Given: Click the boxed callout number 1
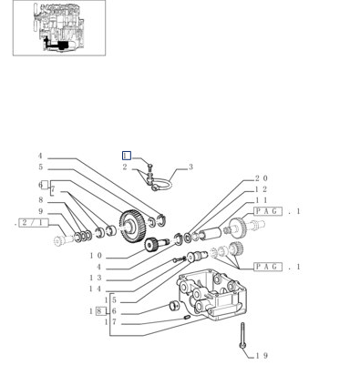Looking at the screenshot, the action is pos(127,156).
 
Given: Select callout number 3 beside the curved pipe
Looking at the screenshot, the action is pos(190,167).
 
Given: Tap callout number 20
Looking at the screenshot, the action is pos(262,178).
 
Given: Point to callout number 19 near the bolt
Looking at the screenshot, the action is pos(262,355).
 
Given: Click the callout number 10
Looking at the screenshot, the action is pos(96,256).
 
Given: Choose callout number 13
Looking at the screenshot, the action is pos(96,278).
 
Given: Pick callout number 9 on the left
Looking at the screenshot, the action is pos(40,211).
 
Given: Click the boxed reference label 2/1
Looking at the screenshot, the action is pos(34,223).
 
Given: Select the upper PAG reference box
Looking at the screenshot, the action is pos(268,211).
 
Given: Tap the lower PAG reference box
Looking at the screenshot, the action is pos(268,267).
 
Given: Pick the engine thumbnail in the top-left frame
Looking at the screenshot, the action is pos(59,27).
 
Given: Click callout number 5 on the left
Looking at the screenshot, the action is pos(40,167).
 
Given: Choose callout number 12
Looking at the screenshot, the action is pos(262,189).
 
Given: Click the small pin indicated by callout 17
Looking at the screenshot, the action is pos(187,318).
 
